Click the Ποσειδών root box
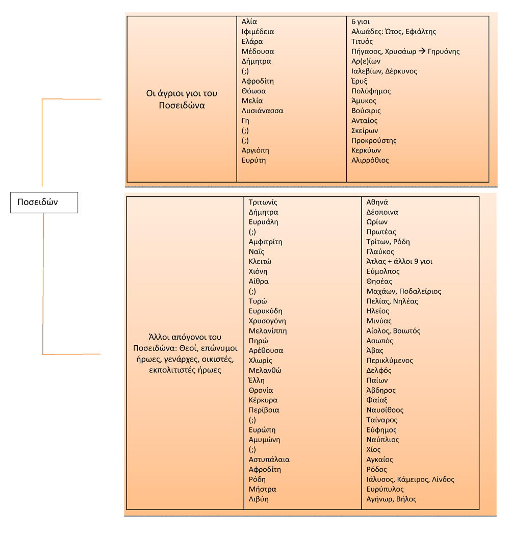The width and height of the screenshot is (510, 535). [x=44, y=202]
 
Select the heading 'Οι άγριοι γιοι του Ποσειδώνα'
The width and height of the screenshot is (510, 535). [x=182, y=99]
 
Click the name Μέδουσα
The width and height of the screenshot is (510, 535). [x=258, y=52]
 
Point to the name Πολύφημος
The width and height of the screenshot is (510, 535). [x=371, y=91]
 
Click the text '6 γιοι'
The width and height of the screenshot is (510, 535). [x=361, y=22]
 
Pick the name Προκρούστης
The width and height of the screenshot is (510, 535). [x=374, y=141]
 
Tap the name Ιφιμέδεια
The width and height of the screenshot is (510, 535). [x=258, y=32]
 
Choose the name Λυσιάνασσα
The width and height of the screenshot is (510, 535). [x=262, y=111]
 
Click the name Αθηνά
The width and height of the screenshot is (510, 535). [x=377, y=202]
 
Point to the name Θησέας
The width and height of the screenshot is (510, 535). [x=379, y=282]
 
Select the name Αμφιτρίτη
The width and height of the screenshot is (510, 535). [x=265, y=242]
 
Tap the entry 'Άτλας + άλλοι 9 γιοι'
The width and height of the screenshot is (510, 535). [x=399, y=262]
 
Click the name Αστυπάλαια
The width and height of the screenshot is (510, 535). [x=269, y=460]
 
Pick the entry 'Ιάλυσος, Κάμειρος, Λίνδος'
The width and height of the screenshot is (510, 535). [x=410, y=479]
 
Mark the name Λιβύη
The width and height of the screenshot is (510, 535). [x=259, y=499]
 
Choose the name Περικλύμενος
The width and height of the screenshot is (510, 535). [x=390, y=361]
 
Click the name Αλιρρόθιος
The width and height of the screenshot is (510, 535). [x=370, y=161]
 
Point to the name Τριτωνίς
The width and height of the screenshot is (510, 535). [x=263, y=202]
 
